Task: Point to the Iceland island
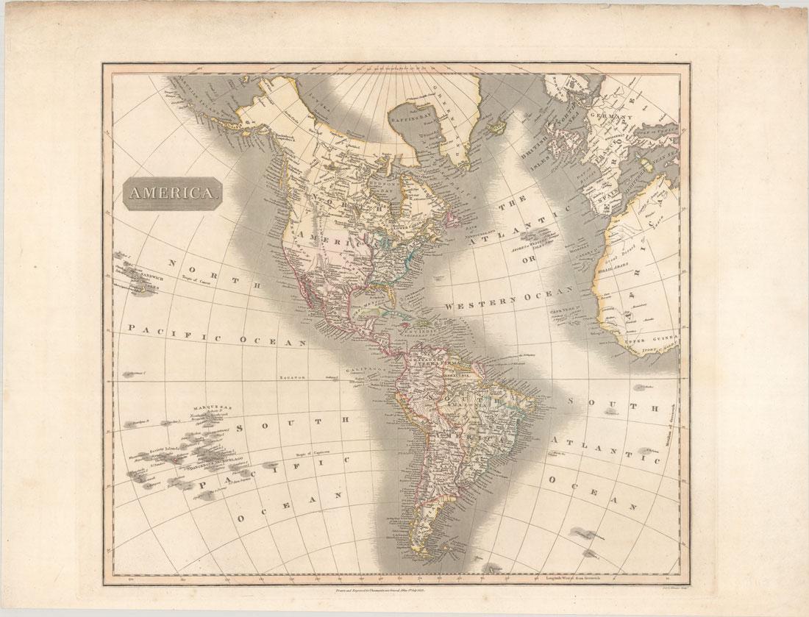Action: point(497,126)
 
